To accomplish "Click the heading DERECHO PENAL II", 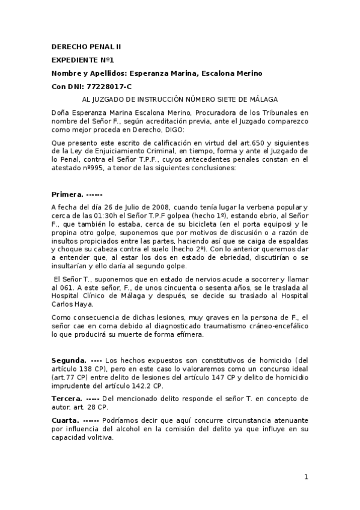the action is click(87, 46).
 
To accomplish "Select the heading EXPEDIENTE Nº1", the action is click(83, 60).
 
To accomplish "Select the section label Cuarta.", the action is click(66, 420).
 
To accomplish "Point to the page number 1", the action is click(306, 477).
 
